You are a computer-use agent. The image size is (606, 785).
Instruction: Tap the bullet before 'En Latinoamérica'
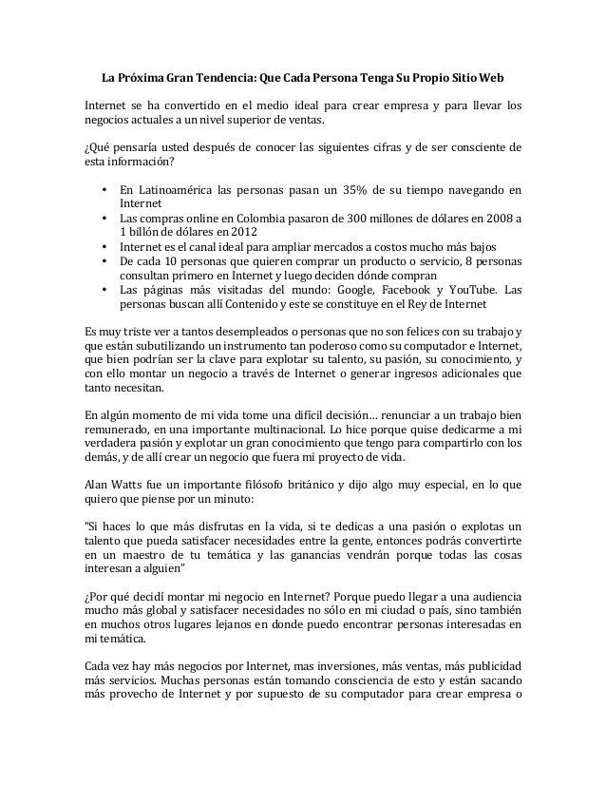[103, 188]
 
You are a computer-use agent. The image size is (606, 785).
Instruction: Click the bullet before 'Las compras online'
[103, 218]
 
